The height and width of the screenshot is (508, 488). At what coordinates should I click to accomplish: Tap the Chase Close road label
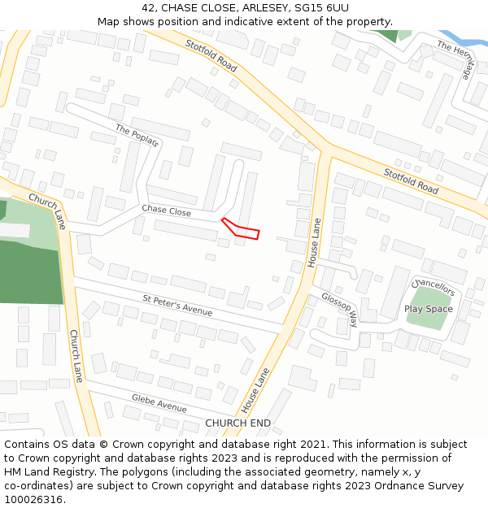pos(166,211)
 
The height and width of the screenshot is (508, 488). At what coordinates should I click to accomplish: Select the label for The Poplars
pos(137,136)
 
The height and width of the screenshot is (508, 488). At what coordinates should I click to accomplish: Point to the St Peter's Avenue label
pos(177,306)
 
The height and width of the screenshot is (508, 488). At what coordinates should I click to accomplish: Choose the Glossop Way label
pos(339,308)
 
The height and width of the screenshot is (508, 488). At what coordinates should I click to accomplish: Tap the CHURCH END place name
pos(237,423)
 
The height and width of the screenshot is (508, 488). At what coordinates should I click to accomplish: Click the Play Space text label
pos(428,309)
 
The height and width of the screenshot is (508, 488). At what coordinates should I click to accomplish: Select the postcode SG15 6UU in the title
pos(320,8)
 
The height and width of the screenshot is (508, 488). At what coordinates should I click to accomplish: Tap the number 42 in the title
pos(149,8)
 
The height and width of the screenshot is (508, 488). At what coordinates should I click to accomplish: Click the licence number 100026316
pos(34,500)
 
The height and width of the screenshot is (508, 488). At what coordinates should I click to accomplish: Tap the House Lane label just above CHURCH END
pos(257,389)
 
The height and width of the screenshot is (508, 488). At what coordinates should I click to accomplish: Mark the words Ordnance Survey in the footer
pos(425,486)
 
